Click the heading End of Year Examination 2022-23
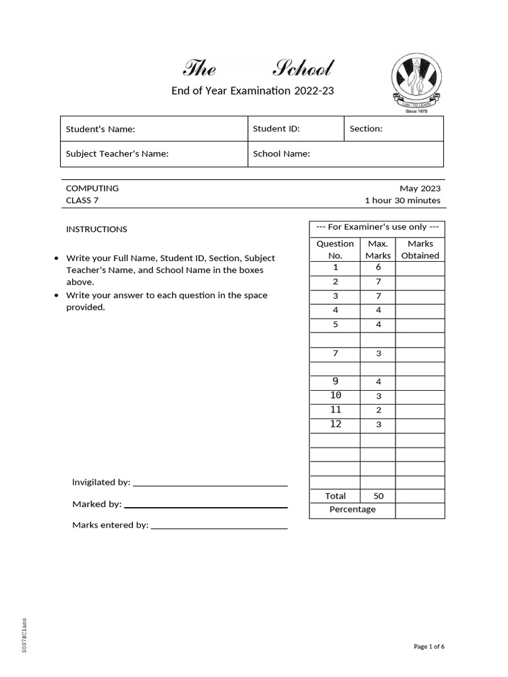pyautogui.click(x=253, y=91)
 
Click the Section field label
pyautogui.click(x=366, y=129)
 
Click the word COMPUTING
pyautogui.click(x=92, y=188)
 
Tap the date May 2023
pyautogui.click(x=420, y=188)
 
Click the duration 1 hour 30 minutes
pyautogui.click(x=402, y=201)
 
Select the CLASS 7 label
pyautogui.click(x=83, y=201)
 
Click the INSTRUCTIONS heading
pyautogui.click(x=97, y=229)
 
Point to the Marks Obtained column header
pyautogui.click(x=420, y=250)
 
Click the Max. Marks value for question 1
pyautogui.click(x=378, y=268)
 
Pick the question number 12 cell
pyautogui.click(x=335, y=424)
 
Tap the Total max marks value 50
pyautogui.click(x=378, y=496)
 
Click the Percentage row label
pyautogui.click(x=352, y=510)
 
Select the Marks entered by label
pyautogui.click(x=110, y=526)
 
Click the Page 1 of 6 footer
pyautogui.click(x=429, y=647)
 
